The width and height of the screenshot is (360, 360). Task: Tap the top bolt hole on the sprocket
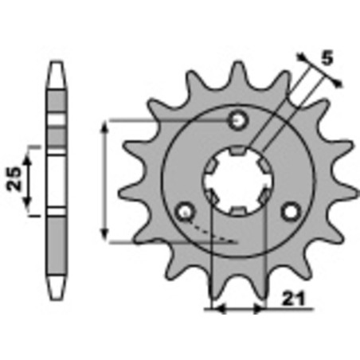(x=238, y=120)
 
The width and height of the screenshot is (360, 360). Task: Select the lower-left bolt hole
(x=186, y=211)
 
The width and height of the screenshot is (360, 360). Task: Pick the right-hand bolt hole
(x=292, y=210)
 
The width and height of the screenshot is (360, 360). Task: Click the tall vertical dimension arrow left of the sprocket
(x=106, y=180)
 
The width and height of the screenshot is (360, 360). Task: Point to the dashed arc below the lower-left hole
(x=215, y=233)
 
